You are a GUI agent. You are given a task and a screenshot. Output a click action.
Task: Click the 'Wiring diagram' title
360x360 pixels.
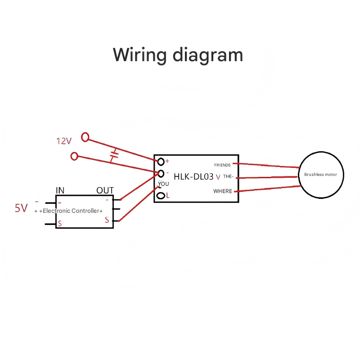pos(178,55)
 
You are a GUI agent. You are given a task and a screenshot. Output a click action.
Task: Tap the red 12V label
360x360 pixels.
pos(64,141)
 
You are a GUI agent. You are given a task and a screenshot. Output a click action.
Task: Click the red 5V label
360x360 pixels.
pos(21,208)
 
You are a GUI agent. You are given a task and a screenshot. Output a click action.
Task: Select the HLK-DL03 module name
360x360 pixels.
pos(193,177)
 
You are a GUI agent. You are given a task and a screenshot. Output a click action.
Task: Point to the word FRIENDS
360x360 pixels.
pos(222,165)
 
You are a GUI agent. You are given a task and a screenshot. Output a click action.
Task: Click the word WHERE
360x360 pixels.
pos(223,191)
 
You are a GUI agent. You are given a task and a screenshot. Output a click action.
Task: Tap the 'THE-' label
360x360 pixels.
pos(228,177)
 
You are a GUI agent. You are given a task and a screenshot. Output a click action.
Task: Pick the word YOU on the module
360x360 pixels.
pos(164,184)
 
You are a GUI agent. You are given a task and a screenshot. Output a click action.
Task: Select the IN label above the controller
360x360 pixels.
pos(60,190)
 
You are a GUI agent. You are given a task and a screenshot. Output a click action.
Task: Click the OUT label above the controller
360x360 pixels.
pos(105,190)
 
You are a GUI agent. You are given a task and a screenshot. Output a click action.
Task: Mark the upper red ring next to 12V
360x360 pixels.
pos(85,136)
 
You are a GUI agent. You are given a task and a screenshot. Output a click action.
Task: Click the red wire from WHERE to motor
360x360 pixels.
pos(266,189)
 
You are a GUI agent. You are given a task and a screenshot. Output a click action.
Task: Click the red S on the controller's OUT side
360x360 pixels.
pos(107,220)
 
